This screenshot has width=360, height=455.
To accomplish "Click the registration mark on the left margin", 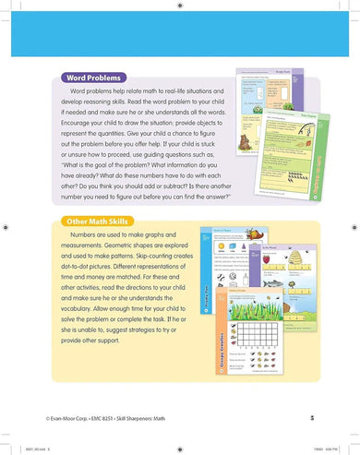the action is pyautogui.click(x=6, y=226).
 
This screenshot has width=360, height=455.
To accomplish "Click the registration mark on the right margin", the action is pyautogui.click(x=354, y=226).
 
